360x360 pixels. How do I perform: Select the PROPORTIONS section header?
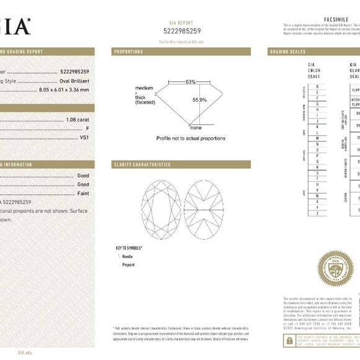(128, 52)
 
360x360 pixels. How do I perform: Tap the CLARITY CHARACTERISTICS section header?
(142, 164)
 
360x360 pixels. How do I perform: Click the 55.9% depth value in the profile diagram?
(199, 99)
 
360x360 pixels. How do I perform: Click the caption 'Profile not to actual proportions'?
(191, 138)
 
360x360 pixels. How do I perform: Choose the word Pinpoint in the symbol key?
(128, 264)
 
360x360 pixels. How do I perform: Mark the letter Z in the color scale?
(318, 213)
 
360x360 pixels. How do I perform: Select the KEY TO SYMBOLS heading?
(129, 248)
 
